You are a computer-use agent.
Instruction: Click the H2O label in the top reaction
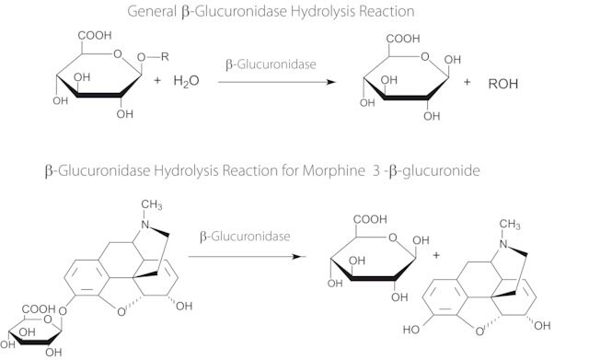(186, 81)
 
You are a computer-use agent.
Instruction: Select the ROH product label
(503, 84)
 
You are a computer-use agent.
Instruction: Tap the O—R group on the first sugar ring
(153, 57)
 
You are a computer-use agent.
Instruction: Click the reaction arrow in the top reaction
(277, 82)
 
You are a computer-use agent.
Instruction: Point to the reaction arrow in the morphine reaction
(248, 257)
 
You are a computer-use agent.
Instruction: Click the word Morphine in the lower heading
(333, 171)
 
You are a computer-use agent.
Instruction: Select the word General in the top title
(152, 12)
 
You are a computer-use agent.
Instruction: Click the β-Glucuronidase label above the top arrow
(271, 64)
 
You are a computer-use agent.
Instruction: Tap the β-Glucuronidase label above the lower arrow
(245, 237)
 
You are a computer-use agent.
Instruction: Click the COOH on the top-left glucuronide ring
(95, 35)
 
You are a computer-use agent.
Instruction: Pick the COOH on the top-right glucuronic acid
(403, 39)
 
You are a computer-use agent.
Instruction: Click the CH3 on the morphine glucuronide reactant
(152, 204)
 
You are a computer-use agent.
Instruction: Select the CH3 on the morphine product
(510, 225)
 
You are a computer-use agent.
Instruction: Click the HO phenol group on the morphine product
(411, 330)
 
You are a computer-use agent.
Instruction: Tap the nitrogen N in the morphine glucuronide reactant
(145, 225)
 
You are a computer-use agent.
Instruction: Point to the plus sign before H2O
(157, 80)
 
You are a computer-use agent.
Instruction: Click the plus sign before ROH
(467, 82)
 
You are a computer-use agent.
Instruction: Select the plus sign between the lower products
(436, 255)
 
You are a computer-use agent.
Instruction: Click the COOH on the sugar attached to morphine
(39, 309)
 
